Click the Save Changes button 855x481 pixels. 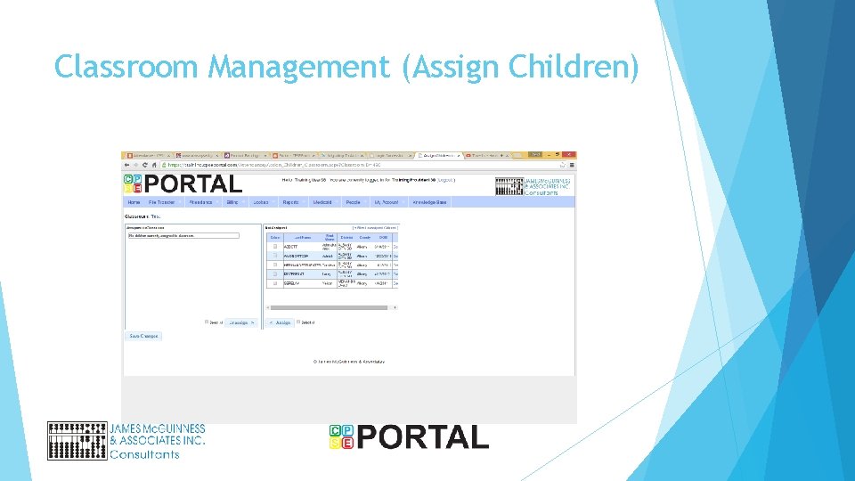(x=143, y=336)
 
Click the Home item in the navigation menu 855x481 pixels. (x=134, y=202)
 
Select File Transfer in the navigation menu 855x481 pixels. (x=161, y=202)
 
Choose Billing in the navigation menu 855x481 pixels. (x=232, y=202)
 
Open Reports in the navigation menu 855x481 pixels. (x=290, y=202)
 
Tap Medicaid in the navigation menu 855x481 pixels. (x=322, y=202)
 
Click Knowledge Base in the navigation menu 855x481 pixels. (x=429, y=202)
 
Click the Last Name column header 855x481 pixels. (x=302, y=237)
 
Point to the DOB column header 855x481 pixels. (x=383, y=237)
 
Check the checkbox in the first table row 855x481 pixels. (x=275, y=246)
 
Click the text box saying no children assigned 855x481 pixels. (x=183, y=236)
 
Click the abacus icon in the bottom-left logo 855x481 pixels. (x=77, y=441)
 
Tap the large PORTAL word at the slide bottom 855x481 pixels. (x=423, y=437)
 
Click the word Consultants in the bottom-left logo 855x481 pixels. (x=144, y=454)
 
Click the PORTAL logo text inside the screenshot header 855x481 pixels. (x=192, y=183)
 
